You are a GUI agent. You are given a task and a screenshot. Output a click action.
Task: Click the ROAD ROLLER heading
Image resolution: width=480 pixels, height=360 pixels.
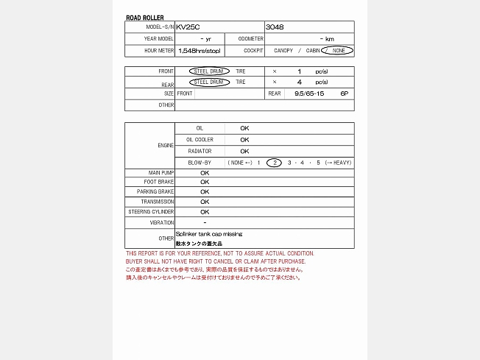145,18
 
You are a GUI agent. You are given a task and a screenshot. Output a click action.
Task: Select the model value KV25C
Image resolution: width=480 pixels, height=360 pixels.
188,27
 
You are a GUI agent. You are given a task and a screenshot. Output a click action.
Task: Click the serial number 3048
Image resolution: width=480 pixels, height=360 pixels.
274,27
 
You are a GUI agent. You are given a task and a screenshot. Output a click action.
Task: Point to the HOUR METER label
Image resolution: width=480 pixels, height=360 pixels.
160,51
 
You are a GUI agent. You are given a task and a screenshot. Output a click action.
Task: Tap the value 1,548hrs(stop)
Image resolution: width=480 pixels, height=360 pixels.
199,51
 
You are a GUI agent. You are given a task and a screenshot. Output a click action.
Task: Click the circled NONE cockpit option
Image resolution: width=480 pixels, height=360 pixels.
337,51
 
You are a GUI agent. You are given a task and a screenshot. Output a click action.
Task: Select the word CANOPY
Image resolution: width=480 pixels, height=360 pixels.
283,51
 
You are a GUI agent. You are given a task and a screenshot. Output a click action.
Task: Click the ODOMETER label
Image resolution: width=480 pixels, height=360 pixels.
251,38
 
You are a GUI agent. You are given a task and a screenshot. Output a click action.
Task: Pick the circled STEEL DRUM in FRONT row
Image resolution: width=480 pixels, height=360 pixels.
209,71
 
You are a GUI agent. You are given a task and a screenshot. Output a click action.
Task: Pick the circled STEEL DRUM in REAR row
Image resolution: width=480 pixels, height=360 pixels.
209,82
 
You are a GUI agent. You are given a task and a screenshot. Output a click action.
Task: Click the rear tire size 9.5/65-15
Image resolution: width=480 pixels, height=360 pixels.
308,93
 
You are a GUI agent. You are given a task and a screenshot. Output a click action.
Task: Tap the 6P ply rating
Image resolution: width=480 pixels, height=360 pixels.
344,93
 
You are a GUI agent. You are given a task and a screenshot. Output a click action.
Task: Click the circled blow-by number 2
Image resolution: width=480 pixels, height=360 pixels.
274,162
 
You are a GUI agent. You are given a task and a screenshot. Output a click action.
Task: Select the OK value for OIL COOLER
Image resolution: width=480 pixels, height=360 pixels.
244,139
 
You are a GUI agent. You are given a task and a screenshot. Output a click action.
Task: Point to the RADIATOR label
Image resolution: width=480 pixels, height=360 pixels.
200,151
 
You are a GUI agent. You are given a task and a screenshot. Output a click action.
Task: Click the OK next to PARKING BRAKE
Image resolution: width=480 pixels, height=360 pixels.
205,191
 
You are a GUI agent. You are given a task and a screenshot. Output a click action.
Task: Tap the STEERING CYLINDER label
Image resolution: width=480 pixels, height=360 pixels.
151,212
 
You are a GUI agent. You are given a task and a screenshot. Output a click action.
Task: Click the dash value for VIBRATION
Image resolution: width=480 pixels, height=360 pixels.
204,222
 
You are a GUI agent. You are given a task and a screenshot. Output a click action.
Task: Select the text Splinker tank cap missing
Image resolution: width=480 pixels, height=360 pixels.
208,234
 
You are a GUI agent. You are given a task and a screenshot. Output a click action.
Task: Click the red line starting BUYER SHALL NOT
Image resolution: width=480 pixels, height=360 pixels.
215,261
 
